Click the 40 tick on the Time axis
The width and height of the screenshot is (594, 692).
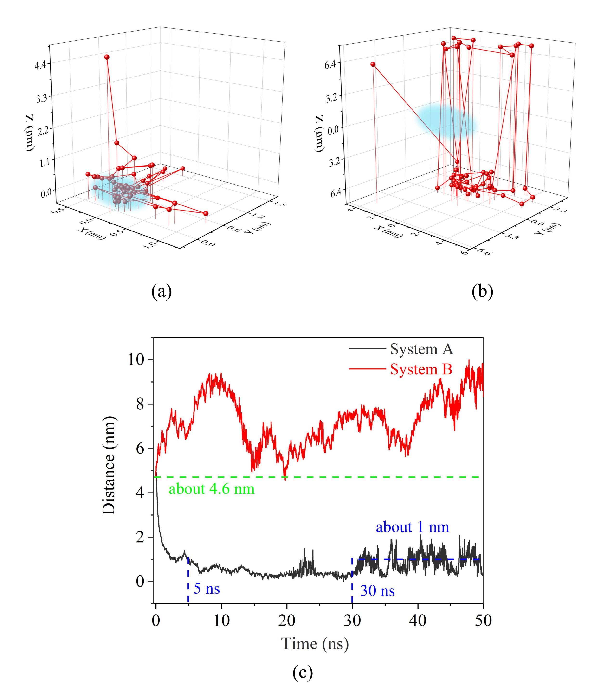418,621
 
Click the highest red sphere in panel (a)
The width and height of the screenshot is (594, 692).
107,57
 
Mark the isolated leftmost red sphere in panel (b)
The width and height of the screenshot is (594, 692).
373,64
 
